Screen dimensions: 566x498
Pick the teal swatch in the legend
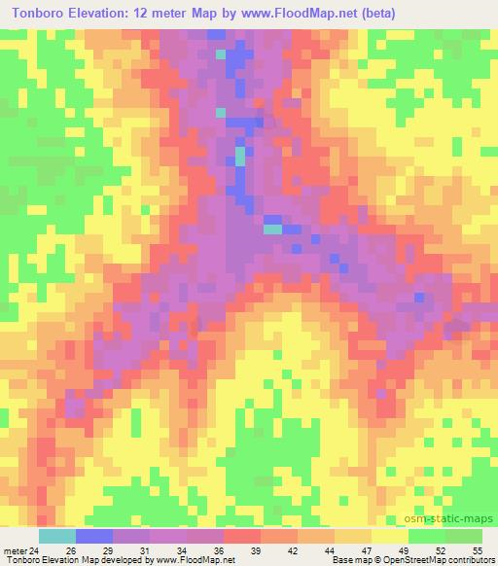pyautogui.click(x=57, y=536)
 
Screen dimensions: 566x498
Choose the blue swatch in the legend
pyautogui.click(x=94, y=536)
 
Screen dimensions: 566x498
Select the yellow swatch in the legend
pyautogui.click(x=390, y=536)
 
